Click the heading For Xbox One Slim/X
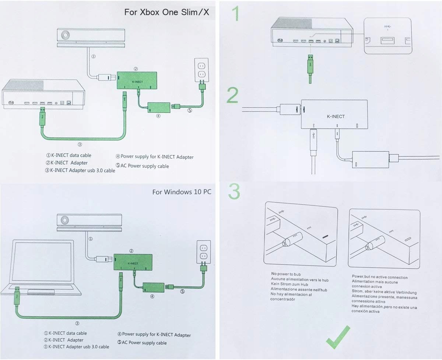pos(166,12)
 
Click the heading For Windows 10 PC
pos(182,192)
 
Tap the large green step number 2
pos(232,95)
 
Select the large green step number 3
pos(234,191)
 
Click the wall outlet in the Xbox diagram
pos(201,70)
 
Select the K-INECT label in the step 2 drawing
pos(336,116)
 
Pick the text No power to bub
pos(286,274)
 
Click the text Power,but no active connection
pos(380,276)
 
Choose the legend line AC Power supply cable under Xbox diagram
pos(142,166)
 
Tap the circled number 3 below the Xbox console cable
pos(80,144)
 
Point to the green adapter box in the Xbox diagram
pos(137,80)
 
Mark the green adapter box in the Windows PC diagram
pos(133,263)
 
